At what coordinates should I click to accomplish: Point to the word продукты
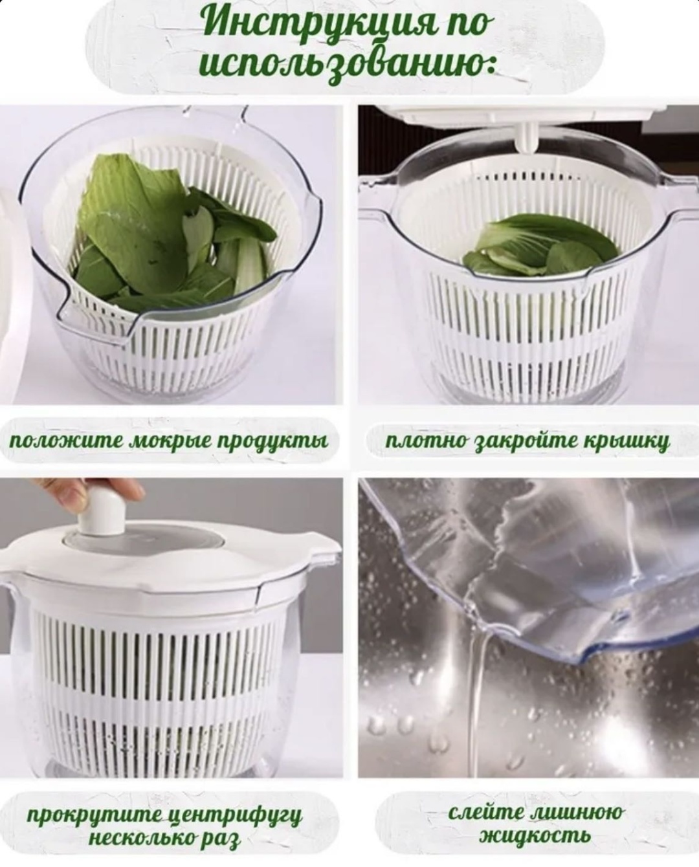(x=272, y=441)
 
